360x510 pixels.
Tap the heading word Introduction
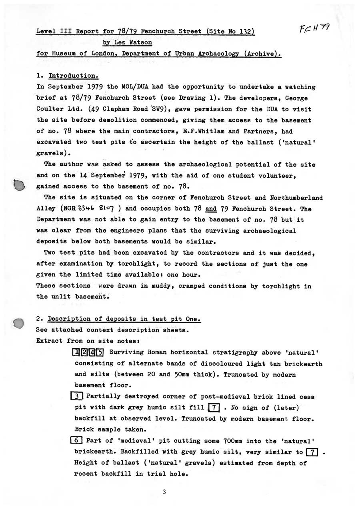73,76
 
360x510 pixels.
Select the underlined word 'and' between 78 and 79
211,209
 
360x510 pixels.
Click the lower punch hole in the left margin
18,323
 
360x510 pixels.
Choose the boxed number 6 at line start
76,441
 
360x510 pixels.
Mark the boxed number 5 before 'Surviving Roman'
100,353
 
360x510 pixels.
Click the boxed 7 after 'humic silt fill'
214,408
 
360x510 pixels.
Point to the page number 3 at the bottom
164,492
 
